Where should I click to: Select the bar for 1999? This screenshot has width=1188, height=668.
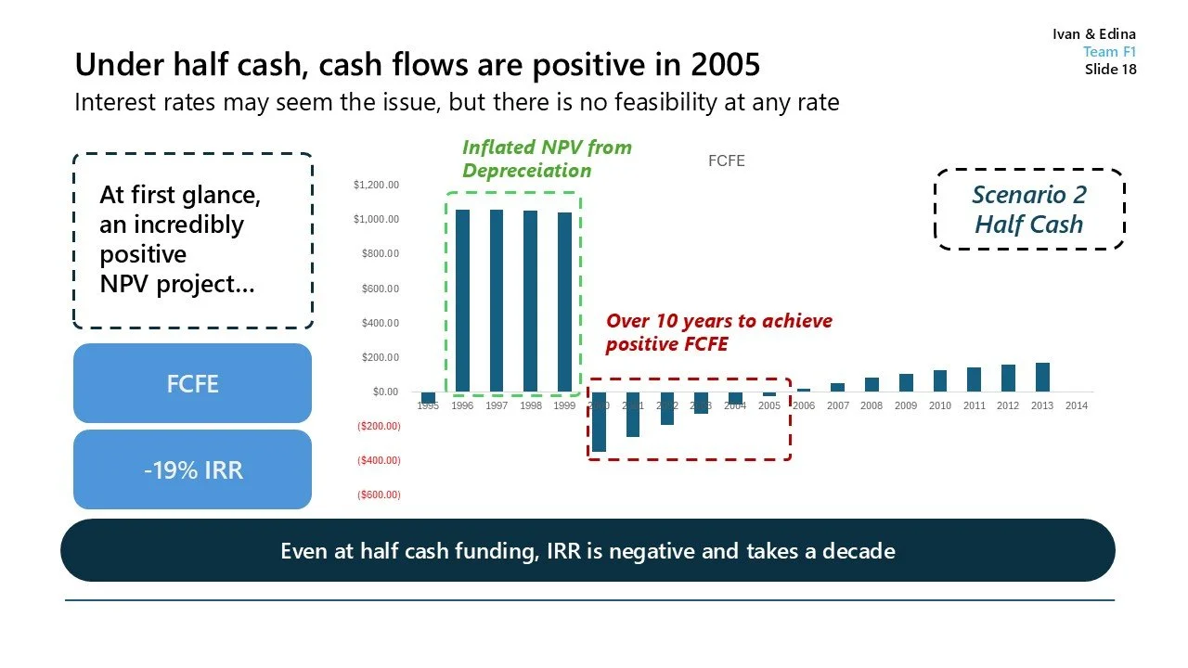[x=564, y=302]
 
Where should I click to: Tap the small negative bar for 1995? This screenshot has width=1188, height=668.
[x=428, y=397]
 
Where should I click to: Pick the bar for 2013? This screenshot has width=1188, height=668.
[x=1042, y=378]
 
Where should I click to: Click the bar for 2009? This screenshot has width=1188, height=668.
[x=906, y=383]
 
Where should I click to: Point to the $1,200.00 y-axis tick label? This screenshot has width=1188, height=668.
[x=376, y=185]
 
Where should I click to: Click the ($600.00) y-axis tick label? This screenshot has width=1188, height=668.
[x=378, y=495]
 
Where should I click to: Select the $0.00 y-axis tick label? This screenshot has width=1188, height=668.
[x=384, y=392]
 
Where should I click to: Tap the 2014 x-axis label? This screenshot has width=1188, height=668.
[x=1077, y=406]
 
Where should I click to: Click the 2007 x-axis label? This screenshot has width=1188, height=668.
[x=837, y=406]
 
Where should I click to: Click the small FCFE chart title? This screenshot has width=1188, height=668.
[x=726, y=161]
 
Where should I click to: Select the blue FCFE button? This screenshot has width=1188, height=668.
[x=192, y=383]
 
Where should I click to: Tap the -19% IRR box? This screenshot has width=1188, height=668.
[x=192, y=469]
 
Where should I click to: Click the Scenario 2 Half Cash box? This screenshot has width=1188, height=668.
[x=1028, y=210]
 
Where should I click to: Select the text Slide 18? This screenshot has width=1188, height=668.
[x=1110, y=70]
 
